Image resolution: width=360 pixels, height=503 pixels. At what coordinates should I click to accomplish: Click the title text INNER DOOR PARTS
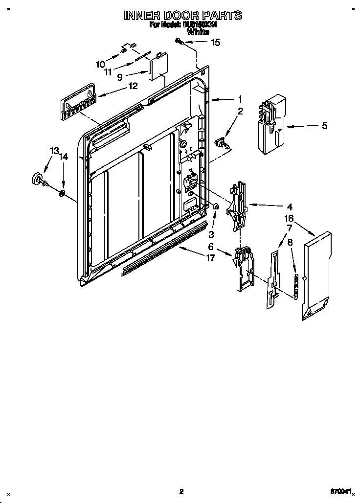point(182,16)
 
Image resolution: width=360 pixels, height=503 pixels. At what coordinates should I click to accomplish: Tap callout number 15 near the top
point(215,43)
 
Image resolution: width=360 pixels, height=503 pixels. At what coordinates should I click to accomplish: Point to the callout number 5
point(324,126)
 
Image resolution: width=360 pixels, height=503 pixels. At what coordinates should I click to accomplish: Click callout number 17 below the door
point(210,258)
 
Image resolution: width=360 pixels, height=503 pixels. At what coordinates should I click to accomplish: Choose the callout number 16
point(289,218)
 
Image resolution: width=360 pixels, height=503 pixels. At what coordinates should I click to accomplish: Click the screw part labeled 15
point(180,43)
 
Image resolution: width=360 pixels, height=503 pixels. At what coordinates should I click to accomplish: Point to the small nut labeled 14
point(62,194)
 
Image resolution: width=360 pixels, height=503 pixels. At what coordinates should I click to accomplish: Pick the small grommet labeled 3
point(215,208)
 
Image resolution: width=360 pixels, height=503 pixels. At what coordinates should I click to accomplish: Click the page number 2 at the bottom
point(181,491)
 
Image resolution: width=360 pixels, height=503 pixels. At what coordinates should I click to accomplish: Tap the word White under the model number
point(198,32)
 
